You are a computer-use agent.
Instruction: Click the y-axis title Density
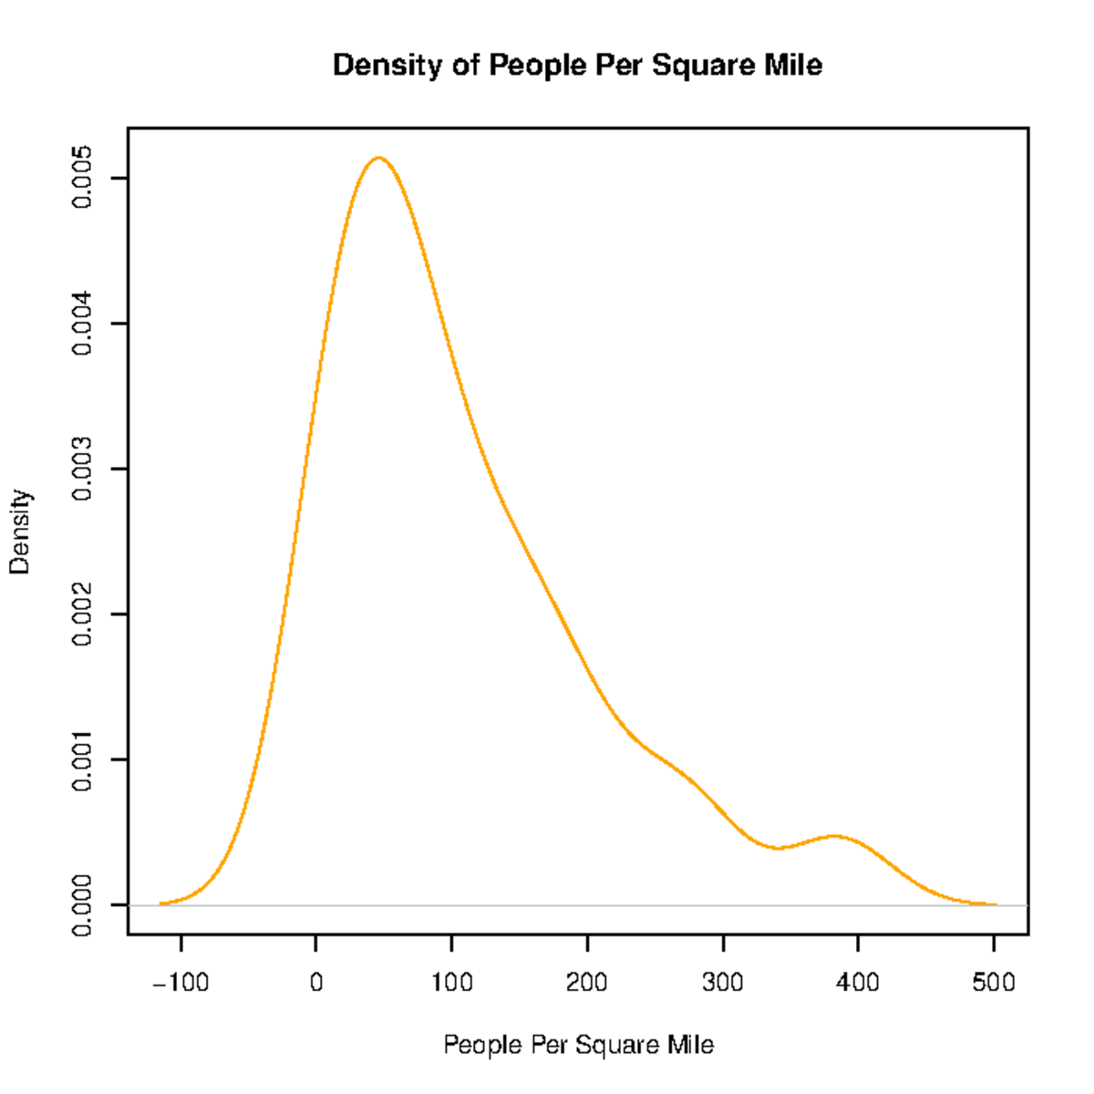[x=20, y=532]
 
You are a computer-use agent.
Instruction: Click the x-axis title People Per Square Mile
[x=578, y=1045]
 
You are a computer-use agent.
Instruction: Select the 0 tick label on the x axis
[x=315, y=983]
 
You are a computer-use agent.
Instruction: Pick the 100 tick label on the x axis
[x=451, y=983]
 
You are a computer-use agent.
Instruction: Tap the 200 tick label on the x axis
[x=587, y=983]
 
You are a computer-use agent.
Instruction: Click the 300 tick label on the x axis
[x=723, y=983]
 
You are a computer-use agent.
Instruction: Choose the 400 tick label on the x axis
[x=858, y=983]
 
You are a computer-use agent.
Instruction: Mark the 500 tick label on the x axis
[x=994, y=983]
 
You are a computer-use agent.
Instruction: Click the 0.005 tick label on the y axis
[x=82, y=178]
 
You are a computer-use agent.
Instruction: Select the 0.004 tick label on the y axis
[x=82, y=324]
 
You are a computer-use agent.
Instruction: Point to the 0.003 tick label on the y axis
[x=82, y=469]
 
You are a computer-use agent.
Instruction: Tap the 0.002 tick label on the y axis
[x=82, y=614]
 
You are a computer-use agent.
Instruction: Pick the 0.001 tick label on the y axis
[x=82, y=759]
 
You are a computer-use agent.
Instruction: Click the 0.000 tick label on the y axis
[x=82, y=904]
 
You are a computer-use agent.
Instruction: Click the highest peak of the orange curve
[x=378, y=158]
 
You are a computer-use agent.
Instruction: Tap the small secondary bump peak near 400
[x=833, y=836]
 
